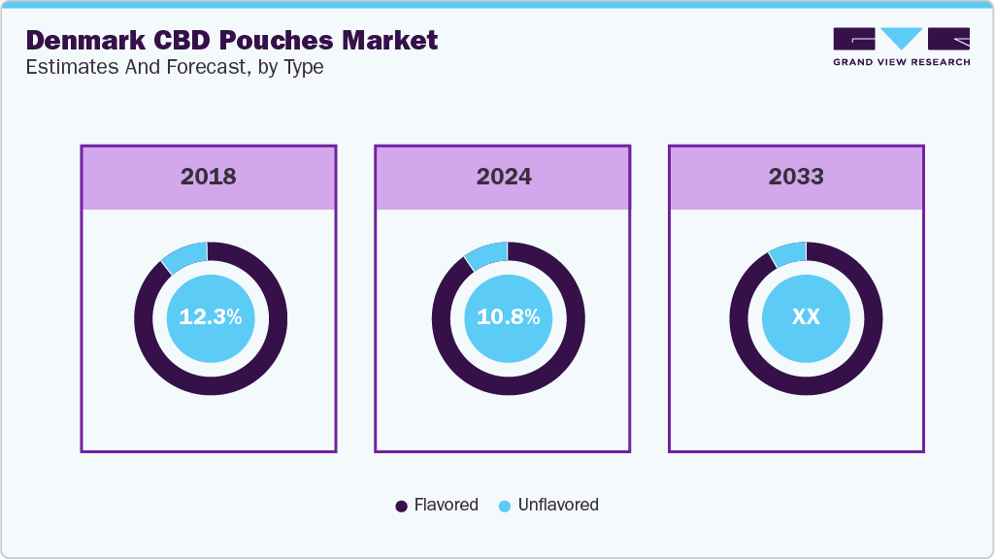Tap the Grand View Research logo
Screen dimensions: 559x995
pyautogui.click(x=901, y=47)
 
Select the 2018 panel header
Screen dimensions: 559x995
pyautogui.click(x=208, y=177)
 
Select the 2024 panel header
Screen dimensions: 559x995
pyautogui.click(x=503, y=177)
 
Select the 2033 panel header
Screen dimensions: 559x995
pyautogui.click(x=796, y=177)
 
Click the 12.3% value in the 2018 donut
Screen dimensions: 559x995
pyautogui.click(x=211, y=317)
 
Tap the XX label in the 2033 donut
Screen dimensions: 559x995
pyautogui.click(x=806, y=317)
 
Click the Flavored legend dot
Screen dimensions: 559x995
pyautogui.click(x=401, y=506)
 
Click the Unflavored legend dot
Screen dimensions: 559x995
pyautogui.click(x=504, y=506)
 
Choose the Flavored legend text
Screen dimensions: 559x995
pyautogui.click(x=446, y=505)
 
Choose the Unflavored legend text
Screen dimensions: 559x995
pyautogui.click(x=558, y=505)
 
